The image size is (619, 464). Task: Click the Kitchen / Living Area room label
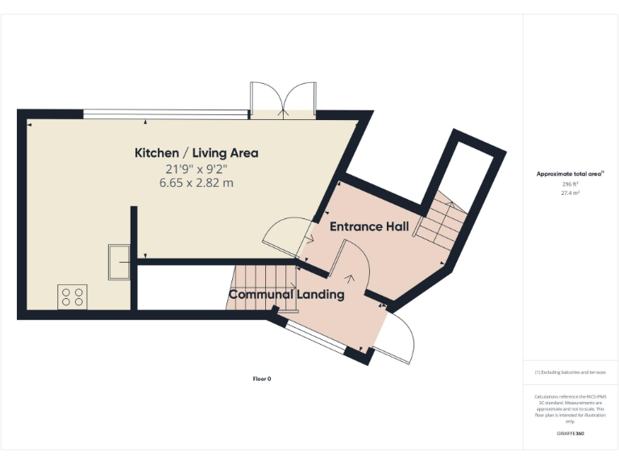pos(196,152)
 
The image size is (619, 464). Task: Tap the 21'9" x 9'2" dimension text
pos(196,168)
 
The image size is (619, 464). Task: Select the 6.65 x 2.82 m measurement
pos(196,183)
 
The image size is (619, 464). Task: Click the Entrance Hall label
pos(369,226)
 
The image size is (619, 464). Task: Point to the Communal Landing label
pos(286,295)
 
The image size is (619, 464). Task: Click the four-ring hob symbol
pos(71,296)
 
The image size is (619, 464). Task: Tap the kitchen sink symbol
pos(118,260)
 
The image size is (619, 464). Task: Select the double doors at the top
pos(280,100)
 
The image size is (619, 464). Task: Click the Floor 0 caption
pos(262,379)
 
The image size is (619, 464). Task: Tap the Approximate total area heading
pos(570,174)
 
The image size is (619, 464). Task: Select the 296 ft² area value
pos(570,184)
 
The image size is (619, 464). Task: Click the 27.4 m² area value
pos(570,193)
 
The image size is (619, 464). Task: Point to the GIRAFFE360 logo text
pos(570,433)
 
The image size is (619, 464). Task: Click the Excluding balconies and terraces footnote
pos(570,372)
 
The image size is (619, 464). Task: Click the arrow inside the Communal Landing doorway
pos(349,279)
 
